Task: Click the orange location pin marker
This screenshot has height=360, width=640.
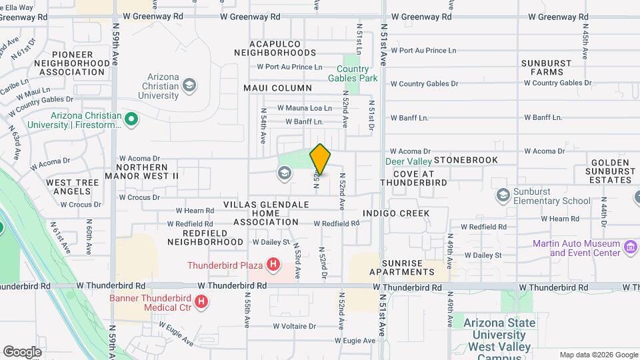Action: point(320,159)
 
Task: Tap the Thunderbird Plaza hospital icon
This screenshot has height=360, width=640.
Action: point(272,265)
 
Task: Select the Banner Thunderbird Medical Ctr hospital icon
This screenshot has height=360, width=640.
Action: point(201,303)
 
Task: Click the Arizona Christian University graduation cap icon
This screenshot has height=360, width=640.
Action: point(189,85)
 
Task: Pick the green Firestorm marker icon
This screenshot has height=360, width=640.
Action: point(131,120)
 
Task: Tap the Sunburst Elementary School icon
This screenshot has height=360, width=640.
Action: point(503,195)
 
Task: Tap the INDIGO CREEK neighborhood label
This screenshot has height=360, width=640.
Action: point(396,213)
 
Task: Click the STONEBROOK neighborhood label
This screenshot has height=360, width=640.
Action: point(466,161)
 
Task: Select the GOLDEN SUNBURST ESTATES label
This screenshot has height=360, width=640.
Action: point(611,171)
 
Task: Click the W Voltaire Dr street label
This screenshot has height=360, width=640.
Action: point(294,326)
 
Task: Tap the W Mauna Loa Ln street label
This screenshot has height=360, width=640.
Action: point(304,107)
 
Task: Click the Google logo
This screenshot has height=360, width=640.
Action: point(22,351)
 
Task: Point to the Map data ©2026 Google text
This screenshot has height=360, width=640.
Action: point(598,355)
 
